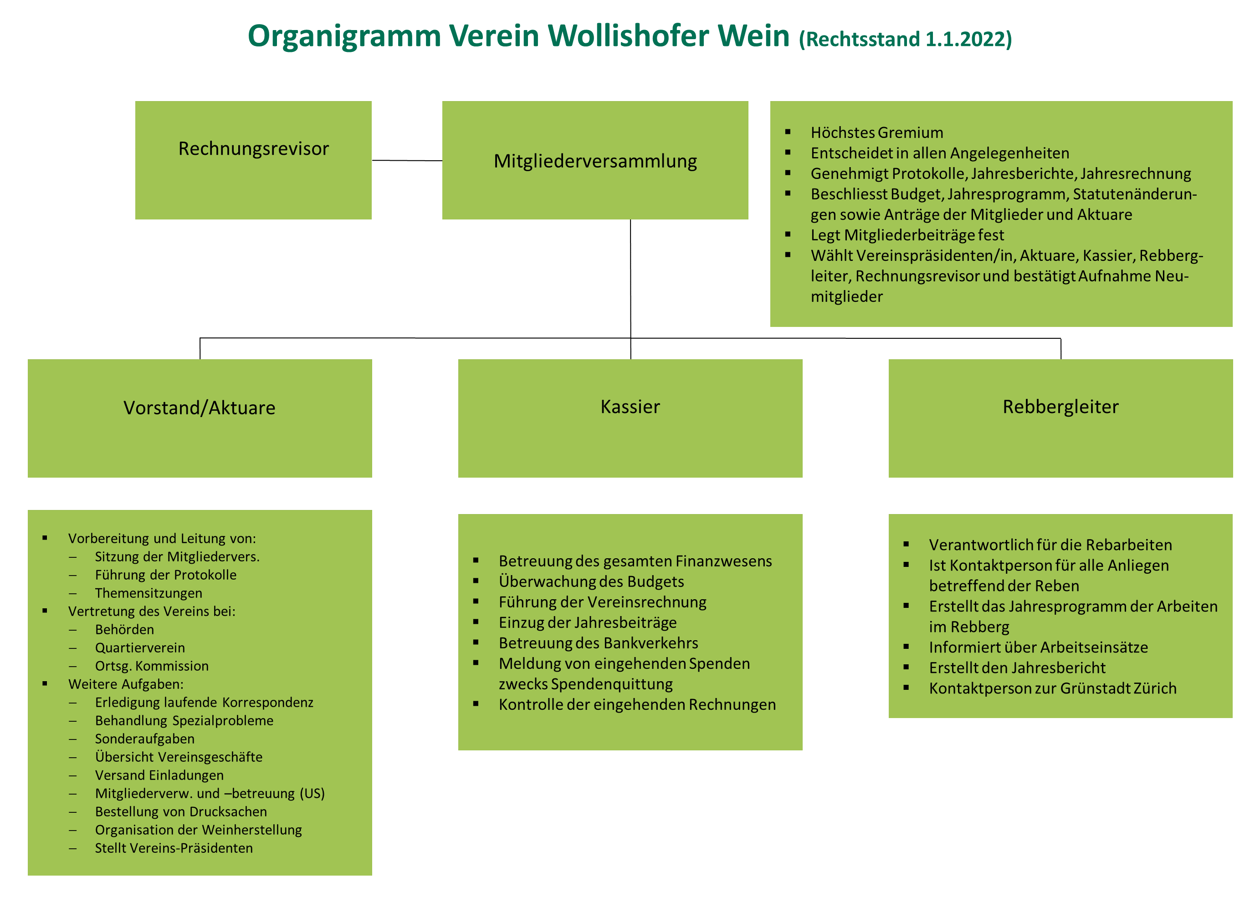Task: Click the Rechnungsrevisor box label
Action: coord(253,148)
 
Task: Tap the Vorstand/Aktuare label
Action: coord(199,408)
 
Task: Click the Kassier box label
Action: coord(630,407)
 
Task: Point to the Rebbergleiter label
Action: coord(1060,407)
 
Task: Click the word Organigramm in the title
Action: coord(344,36)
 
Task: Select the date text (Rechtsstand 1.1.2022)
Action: coord(905,39)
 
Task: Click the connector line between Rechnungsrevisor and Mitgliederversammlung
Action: coord(407,161)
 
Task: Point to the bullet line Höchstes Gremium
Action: coord(876,133)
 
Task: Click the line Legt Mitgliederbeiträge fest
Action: coord(907,235)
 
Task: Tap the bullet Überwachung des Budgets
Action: coord(591,581)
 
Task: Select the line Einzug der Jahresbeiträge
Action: coord(588,622)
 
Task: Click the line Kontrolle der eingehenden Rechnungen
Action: coord(637,705)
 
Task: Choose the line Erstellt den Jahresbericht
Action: coord(1017,668)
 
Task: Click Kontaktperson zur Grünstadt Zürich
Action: coord(1052,688)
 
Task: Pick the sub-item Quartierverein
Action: coord(140,648)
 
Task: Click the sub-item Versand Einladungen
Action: coord(159,775)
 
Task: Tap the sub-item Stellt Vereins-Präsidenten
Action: coord(174,848)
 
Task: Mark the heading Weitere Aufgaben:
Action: coord(125,684)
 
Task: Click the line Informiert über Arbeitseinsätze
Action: coord(1038,647)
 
